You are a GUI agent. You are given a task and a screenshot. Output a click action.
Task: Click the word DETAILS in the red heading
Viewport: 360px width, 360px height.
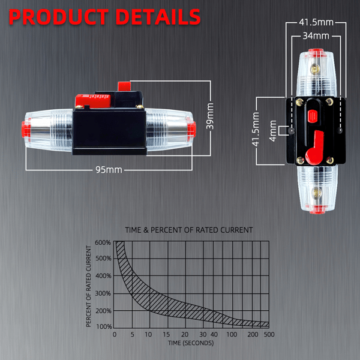[158, 17]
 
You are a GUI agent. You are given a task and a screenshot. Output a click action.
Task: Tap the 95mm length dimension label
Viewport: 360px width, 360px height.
[109, 170]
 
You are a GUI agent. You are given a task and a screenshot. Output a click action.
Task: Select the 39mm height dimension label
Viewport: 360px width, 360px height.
[210, 116]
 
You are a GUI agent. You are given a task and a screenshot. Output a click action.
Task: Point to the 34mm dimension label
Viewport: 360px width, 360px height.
[316, 36]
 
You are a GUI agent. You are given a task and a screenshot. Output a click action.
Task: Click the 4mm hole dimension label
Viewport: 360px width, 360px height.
[272, 131]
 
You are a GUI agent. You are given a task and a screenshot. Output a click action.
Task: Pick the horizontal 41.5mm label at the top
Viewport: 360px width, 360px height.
[316, 22]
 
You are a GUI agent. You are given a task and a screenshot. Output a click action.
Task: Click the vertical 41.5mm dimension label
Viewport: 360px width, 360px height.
[256, 129]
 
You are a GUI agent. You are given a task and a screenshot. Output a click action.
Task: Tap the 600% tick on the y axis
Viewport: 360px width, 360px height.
[103, 242]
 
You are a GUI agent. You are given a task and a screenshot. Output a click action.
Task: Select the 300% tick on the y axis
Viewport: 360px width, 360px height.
[103, 293]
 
